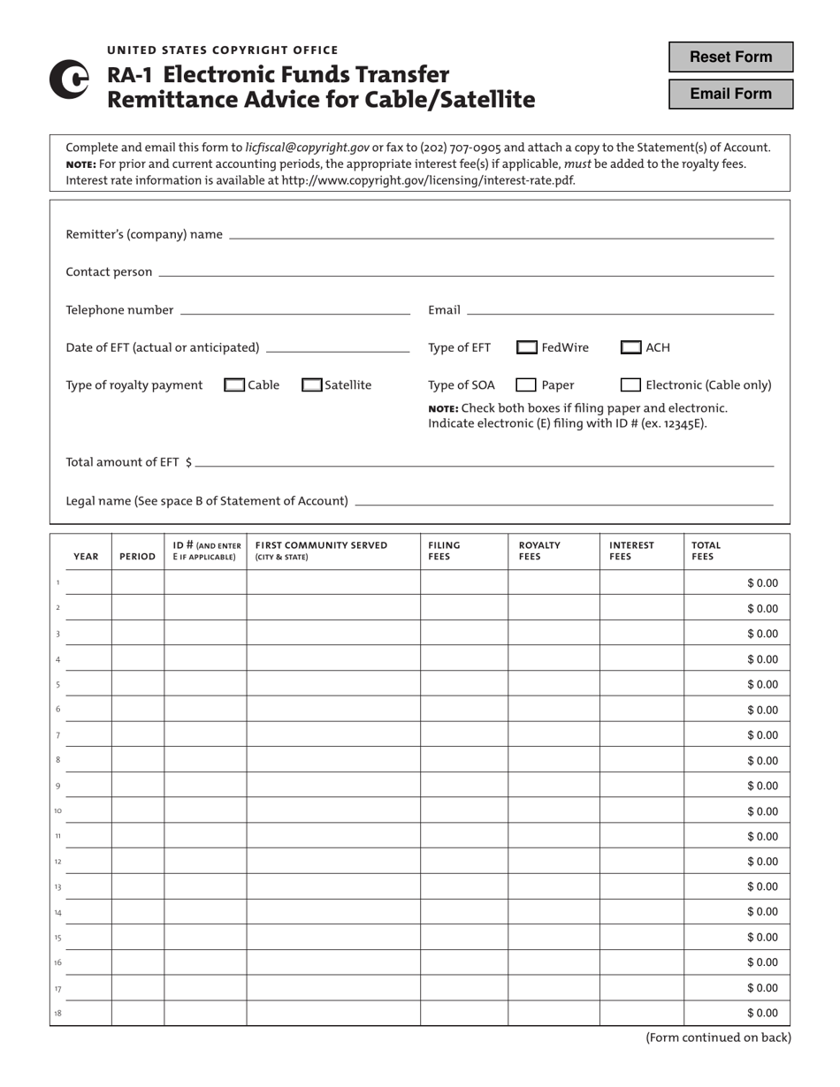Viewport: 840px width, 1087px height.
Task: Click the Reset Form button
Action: pos(730,57)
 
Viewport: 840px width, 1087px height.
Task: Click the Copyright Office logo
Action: pos(69,80)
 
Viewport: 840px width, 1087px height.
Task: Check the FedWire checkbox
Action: pos(526,348)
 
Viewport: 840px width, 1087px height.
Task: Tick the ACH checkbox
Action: pos(631,348)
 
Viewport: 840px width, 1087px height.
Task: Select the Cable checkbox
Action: pos(235,385)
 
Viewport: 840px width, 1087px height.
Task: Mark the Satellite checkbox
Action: pos(312,385)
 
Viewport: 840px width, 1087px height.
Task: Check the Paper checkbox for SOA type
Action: pos(526,385)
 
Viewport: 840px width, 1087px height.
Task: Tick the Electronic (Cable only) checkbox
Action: pos(631,385)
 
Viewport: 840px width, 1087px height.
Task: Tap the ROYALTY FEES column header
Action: pos(539,551)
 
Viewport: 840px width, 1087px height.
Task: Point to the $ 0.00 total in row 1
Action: pos(762,583)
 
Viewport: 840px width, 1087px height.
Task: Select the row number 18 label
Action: pos(57,1013)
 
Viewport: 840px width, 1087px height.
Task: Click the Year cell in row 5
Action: pos(88,684)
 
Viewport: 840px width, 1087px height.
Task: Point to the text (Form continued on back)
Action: pos(718,1038)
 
